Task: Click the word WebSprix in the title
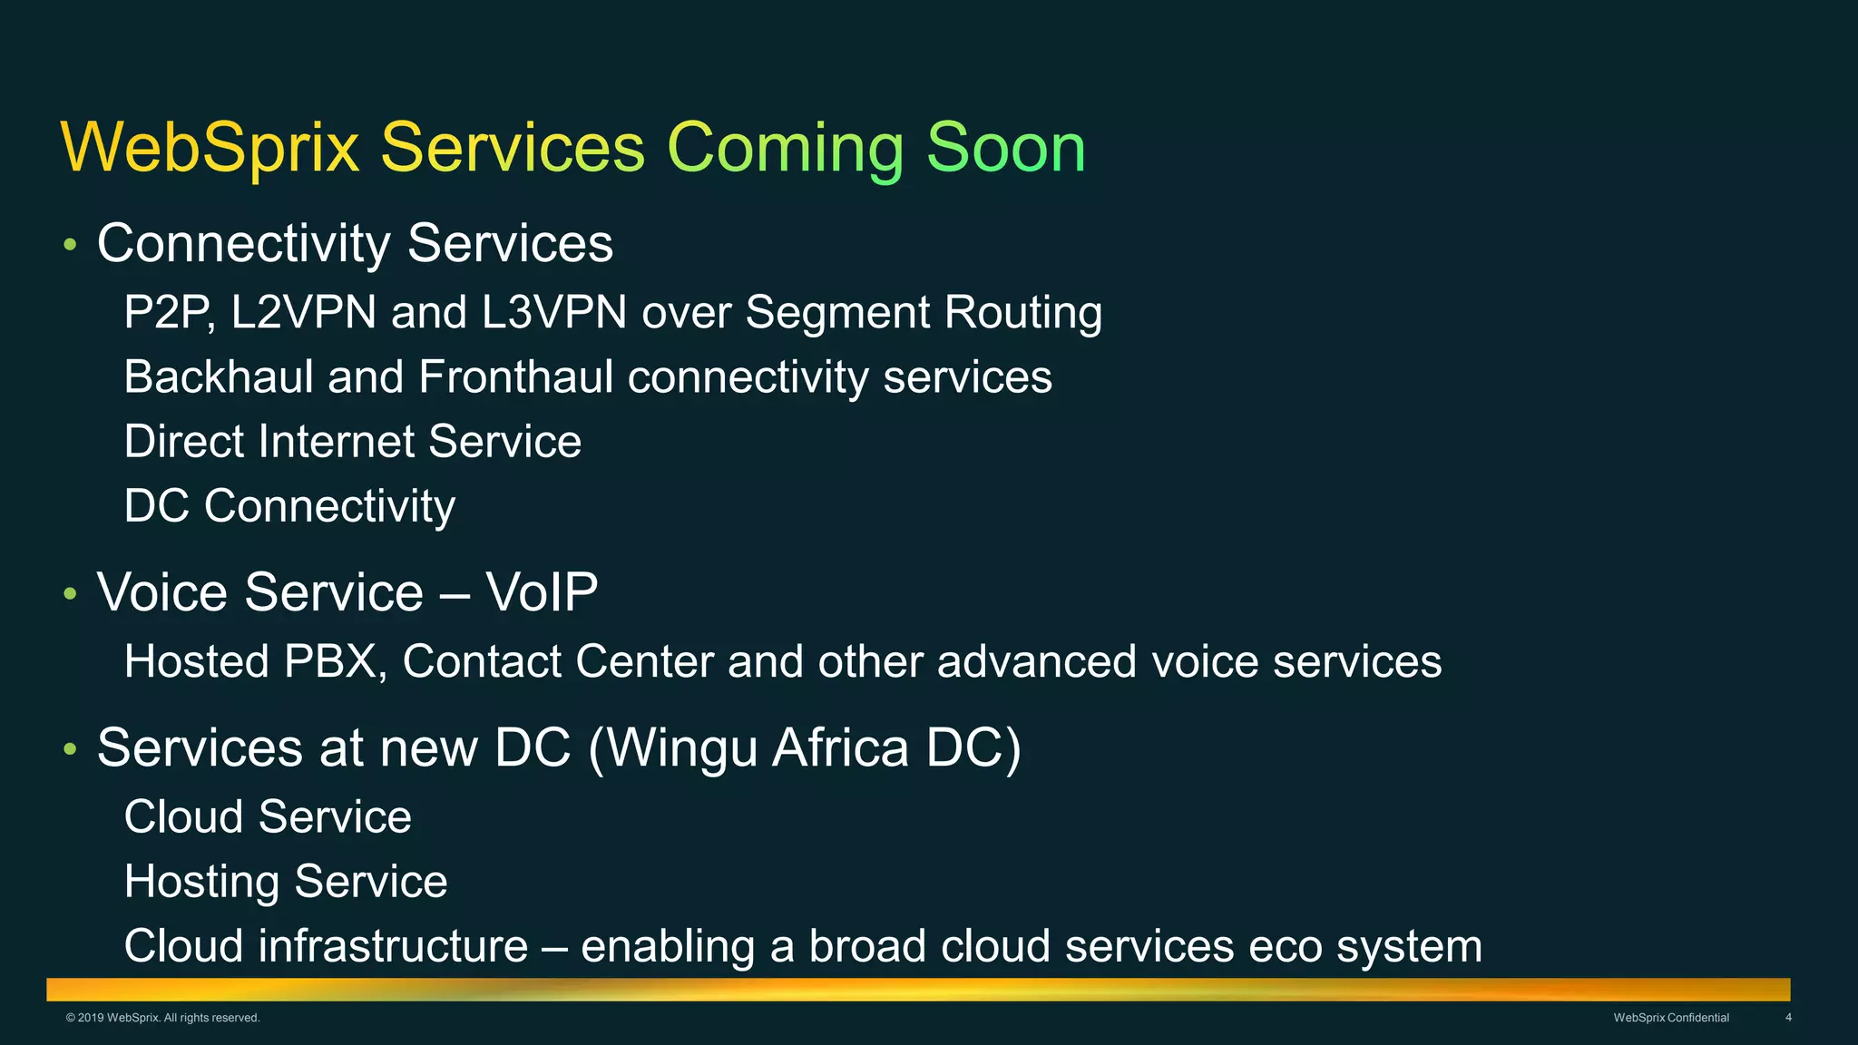[x=210, y=147]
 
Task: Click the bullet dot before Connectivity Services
[x=70, y=245]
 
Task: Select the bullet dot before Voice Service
[x=70, y=594]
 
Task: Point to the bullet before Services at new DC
[x=70, y=749]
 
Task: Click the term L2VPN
[x=303, y=312]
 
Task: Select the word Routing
[x=1022, y=314]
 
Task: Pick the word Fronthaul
[x=515, y=376]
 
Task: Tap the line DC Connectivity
[x=289, y=506]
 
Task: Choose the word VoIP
[x=541, y=592]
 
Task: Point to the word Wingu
[x=680, y=749]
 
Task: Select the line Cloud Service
[x=268, y=816]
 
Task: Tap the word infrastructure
[x=393, y=946]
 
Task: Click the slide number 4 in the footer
[x=1788, y=1018]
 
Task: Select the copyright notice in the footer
[x=163, y=1018]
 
